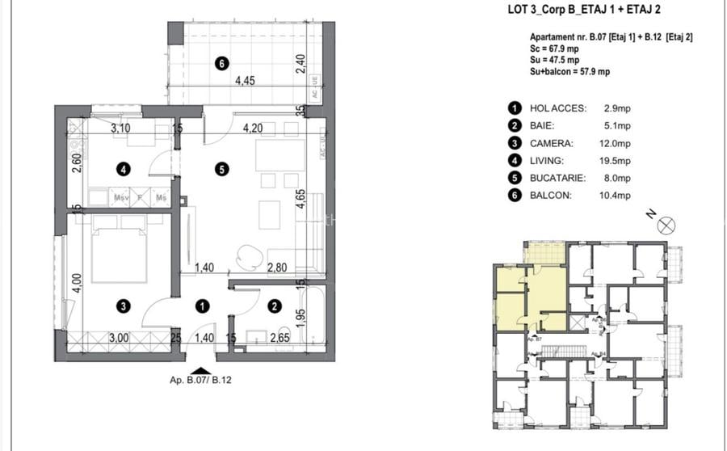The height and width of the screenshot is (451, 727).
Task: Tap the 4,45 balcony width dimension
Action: pos(246,81)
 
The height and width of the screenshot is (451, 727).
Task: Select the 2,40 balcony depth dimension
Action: pos(300,62)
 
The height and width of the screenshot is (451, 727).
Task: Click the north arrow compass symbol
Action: pos(665,225)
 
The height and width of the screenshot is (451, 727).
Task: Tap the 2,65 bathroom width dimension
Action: pos(279,339)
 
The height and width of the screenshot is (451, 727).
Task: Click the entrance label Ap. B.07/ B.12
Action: pos(195,378)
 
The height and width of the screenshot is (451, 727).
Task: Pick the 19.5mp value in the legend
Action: pos(618,161)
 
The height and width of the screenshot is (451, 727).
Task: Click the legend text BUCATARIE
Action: pos(557,178)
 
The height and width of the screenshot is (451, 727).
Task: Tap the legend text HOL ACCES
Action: pos(557,107)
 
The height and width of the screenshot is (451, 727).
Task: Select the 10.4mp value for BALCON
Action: pos(618,196)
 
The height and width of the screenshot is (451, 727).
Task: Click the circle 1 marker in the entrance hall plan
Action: pos(202,306)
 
